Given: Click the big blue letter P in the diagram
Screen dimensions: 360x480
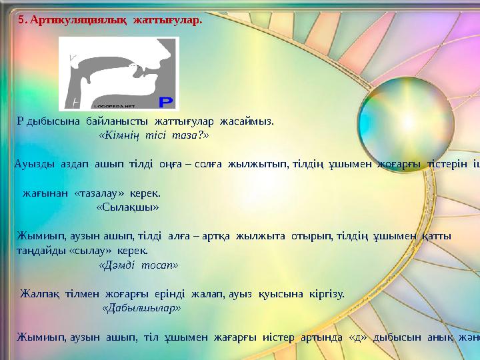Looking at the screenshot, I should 166,101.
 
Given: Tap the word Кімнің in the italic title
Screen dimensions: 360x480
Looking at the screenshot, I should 119,135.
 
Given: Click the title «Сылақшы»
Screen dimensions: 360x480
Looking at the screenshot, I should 127,207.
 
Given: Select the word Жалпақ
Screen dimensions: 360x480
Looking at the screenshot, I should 41,293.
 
